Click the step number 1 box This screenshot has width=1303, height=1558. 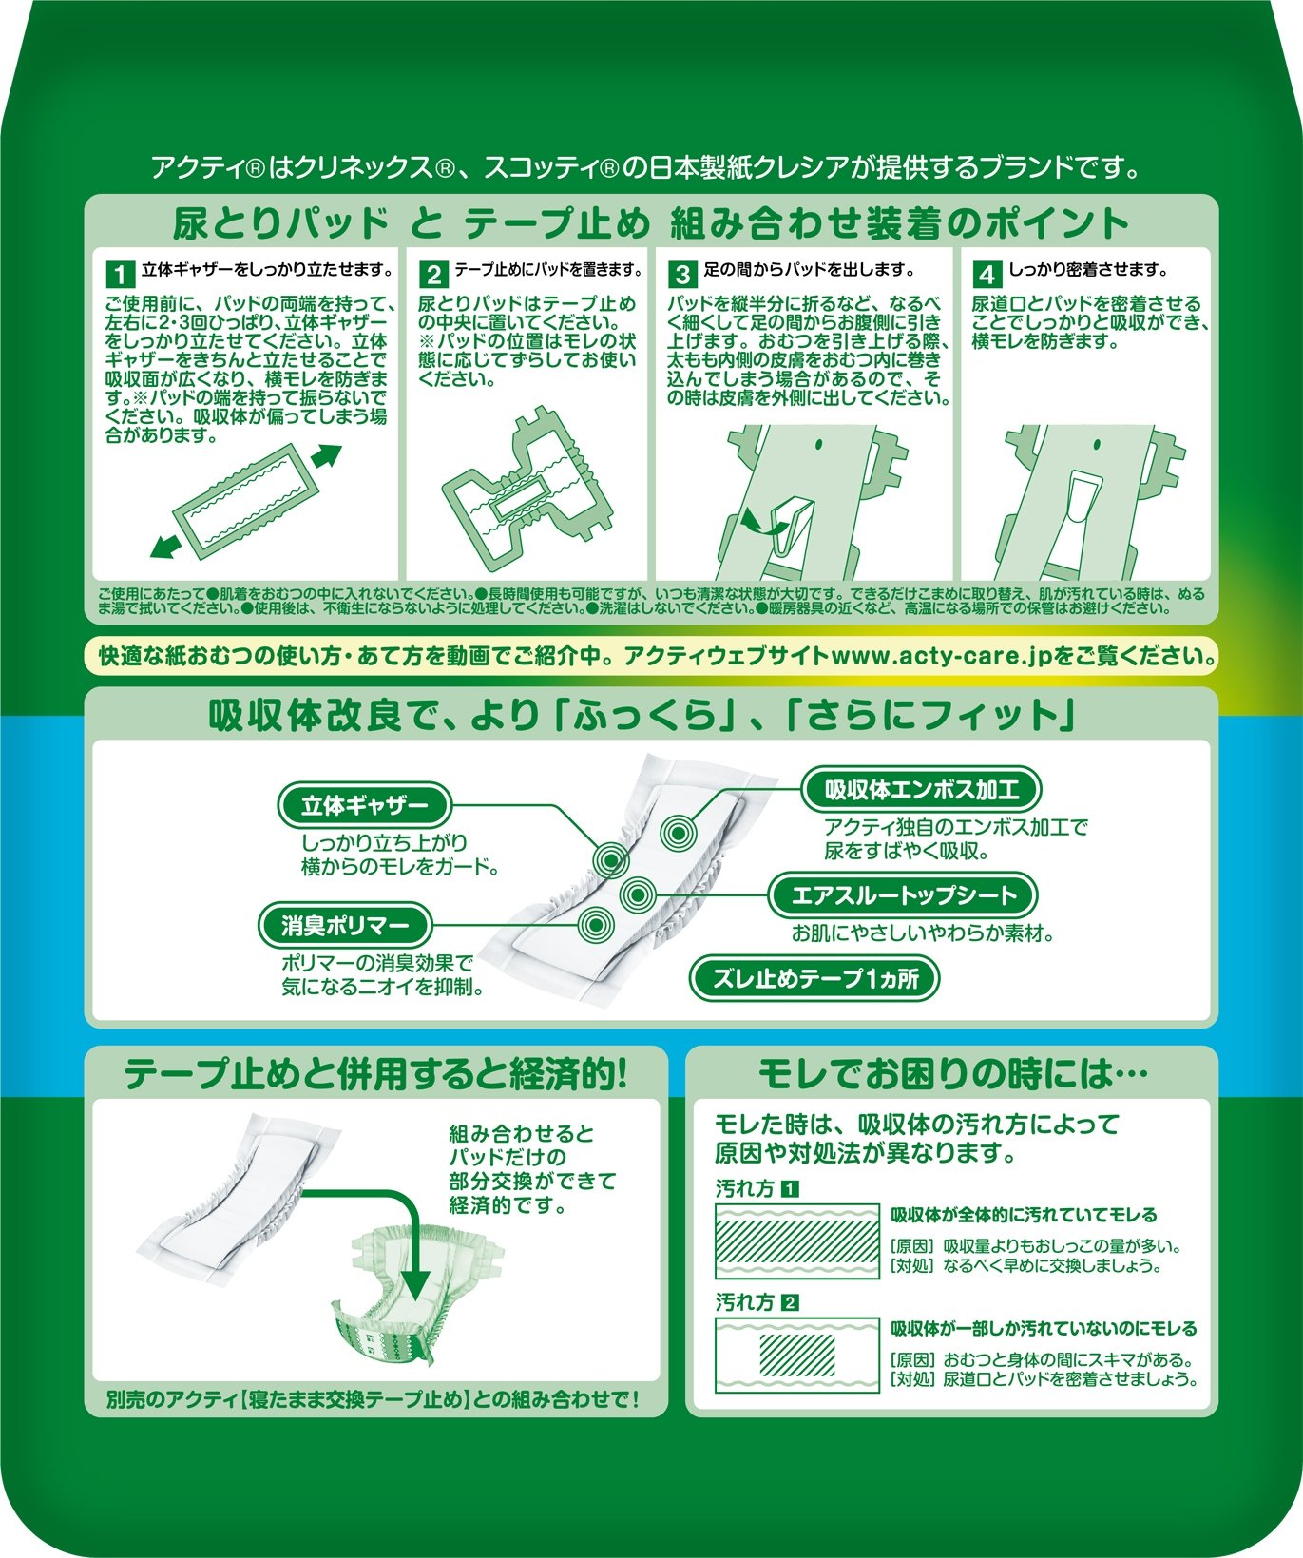click(x=119, y=274)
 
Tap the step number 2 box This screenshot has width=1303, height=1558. click(x=433, y=274)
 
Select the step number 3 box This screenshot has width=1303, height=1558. click(x=682, y=274)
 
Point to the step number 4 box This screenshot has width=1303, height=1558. click(x=987, y=274)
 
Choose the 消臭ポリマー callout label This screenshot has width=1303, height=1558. click(x=344, y=924)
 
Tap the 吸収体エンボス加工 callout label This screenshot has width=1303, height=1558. click(x=921, y=788)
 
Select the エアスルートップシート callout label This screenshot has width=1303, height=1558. click(x=903, y=894)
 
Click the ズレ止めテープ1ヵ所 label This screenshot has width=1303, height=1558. click(x=815, y=978)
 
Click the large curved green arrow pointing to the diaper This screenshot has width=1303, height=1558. click(x=380, y=1236)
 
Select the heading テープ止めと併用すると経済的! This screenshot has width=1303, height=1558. click(x=376, y=1074)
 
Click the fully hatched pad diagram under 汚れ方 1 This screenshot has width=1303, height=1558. click(x=796, y=1241)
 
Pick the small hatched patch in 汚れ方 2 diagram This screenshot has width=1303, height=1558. click(x=796, y=1354)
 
